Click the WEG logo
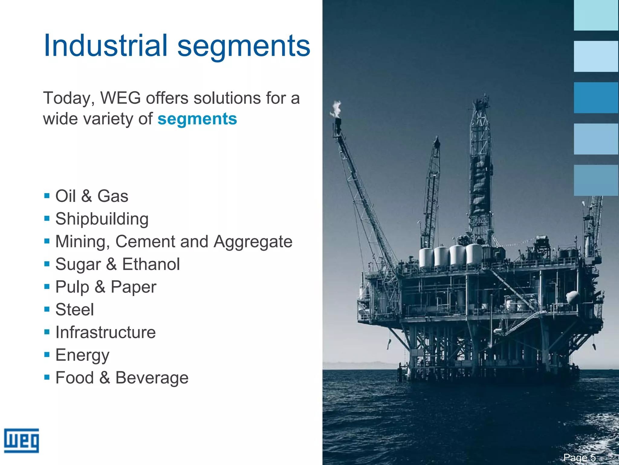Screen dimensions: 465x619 click(x=21, y=440)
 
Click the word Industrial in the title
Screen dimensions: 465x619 click(x=105, y=45)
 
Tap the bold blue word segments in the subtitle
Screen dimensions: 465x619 click(x=197, y=119)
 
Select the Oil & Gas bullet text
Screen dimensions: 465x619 click(x=92, y=196)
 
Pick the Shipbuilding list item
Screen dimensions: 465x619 click(x=102, y=219)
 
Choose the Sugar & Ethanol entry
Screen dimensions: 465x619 click(x=118, y=264)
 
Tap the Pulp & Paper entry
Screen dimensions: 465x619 click(x=106, y=287)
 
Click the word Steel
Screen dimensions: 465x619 click(x=75, y=309)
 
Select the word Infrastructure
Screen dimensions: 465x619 click(x=105, y=332)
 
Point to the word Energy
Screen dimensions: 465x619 click(x=82, y=355)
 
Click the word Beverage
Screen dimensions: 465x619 click(x=152, y=378)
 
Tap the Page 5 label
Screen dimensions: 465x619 click(x=579, y=457)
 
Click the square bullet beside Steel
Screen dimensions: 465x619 click(x=47, y=309)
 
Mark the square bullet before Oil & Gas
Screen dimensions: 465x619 click(x=47, y=196)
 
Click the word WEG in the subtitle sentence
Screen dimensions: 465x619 click(x=121, y=98)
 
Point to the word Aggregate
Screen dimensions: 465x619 click(x=253, y=241)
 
